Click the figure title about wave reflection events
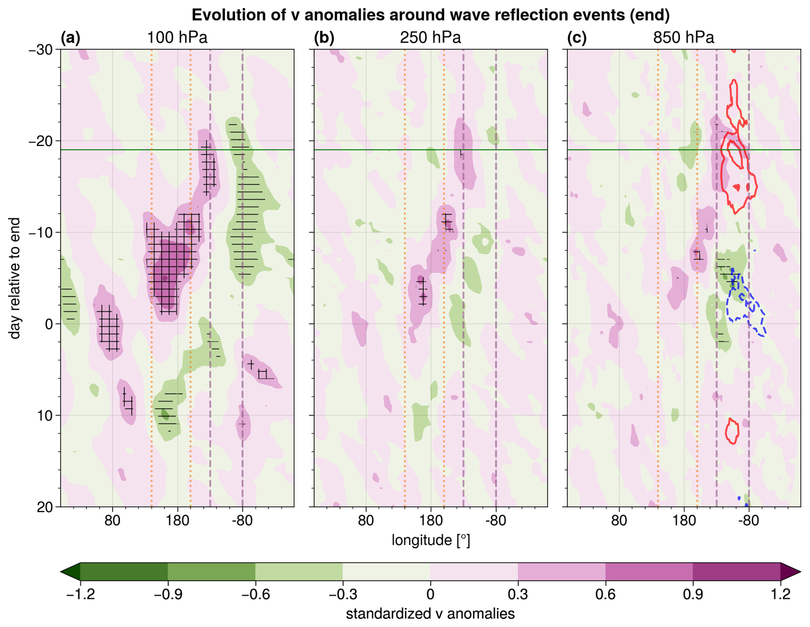(430, 15)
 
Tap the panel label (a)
(71, 38)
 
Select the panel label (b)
(324, 38)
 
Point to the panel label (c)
(577, 38)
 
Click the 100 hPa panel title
(177, 38)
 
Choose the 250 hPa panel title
(430, 38)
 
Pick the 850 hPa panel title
(683, 38)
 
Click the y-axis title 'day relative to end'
(15, 278)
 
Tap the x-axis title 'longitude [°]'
(431, 540)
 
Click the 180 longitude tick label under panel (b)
(431, 521)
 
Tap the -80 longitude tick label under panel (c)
(748, 521)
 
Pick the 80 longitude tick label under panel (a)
(113, 521)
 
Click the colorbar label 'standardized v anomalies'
(430, 614)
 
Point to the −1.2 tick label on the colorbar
(80, 594)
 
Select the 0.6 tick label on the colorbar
(605, 594)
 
